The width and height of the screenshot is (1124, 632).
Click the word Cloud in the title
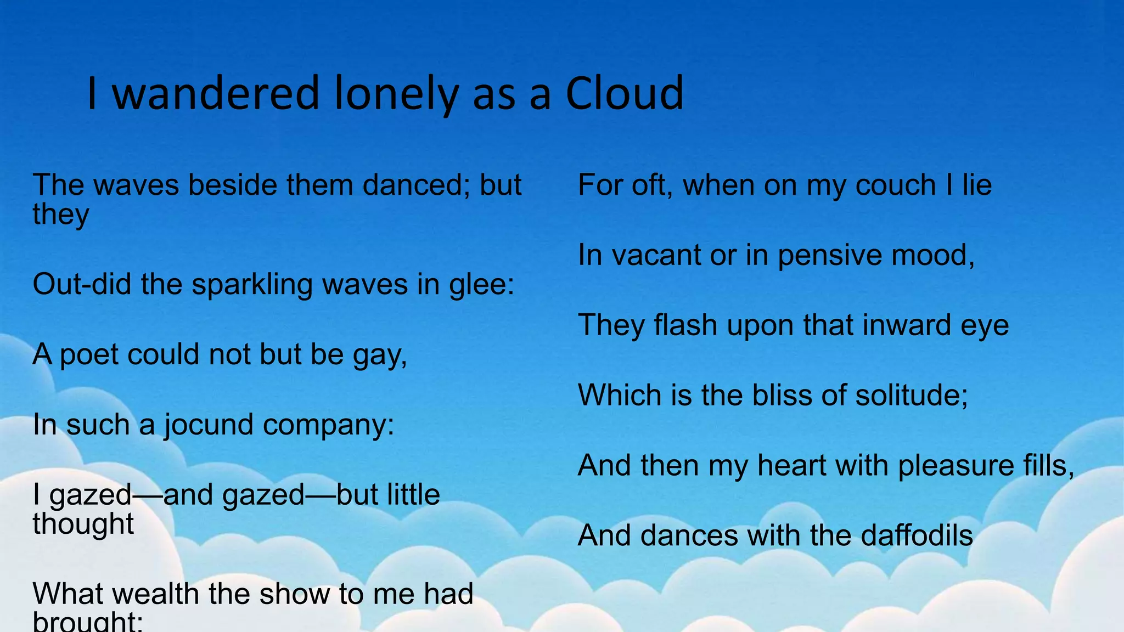[x=624, y=93]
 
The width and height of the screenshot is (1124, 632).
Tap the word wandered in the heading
[x=216, y=93]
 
